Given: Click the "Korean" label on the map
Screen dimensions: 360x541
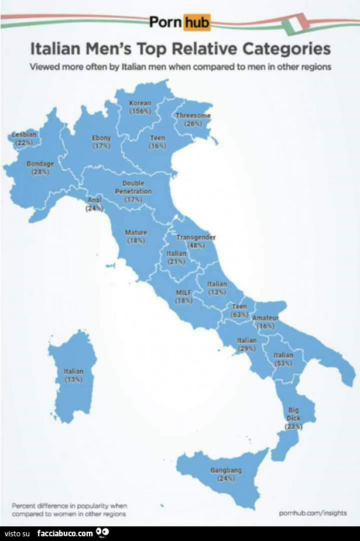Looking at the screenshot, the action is (140, 103).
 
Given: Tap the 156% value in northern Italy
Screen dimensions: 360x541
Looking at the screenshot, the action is (140, 111).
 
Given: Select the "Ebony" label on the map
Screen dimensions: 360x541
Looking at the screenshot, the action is (102, 138).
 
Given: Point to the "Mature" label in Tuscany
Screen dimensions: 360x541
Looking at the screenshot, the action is (136, 232).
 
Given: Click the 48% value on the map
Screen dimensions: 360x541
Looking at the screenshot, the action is (196, 246).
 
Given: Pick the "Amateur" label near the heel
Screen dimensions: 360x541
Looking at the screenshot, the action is (266, 318).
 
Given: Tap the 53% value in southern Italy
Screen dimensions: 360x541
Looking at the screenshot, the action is (283, 363).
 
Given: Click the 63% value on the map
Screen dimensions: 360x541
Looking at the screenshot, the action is (239, 314).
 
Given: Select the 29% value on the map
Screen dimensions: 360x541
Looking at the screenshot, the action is (246, 348).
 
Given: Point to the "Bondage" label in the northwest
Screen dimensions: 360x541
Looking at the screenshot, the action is (40, 164).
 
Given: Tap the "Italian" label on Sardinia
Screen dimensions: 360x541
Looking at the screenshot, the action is (73, 371).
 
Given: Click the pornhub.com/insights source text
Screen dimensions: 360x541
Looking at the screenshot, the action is (313, 512).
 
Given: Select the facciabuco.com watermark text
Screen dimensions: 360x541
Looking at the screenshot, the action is (64, 533).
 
